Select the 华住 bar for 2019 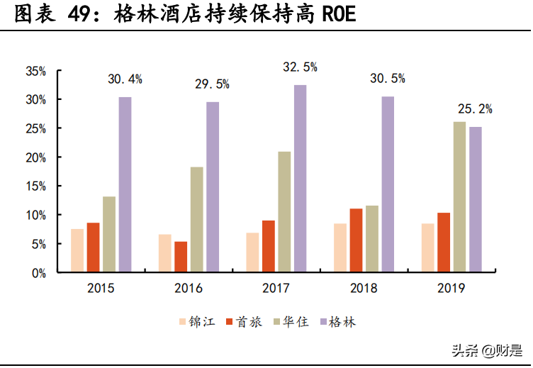[459, 196]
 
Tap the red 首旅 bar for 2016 [181, 256]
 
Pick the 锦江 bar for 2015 [77, 250]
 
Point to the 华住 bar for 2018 [371, 238]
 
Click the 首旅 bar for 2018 [356, 240]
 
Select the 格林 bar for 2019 [475, 199]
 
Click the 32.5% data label [300, 67]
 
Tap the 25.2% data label [474, 109]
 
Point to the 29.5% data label [212, 84]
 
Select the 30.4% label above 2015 [125, 79]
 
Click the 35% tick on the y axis [35, 71]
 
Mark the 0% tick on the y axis [38, 272]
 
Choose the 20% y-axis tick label [35, 157]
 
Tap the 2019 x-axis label [451, 288]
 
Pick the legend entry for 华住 [291, 322]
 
